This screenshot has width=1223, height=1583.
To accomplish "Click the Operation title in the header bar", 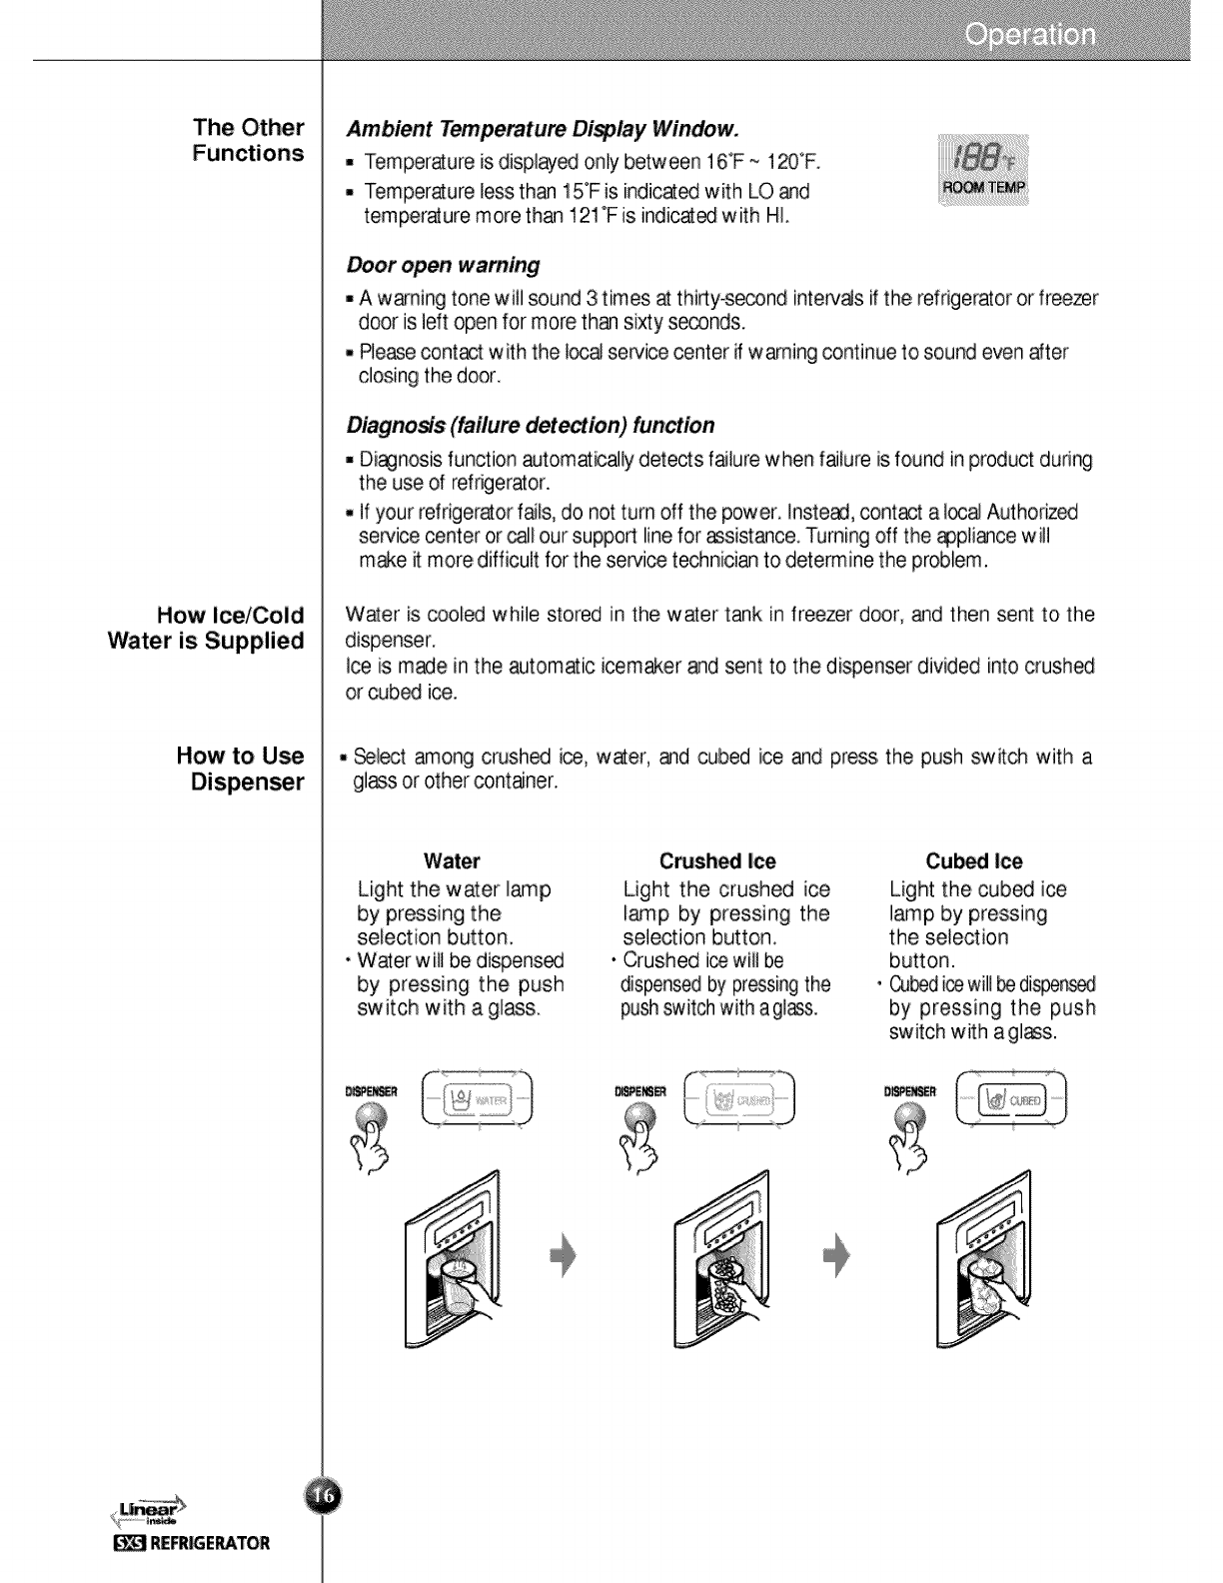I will click(x=1029, y=37).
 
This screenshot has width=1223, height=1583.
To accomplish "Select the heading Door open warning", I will click(x=443, y=266).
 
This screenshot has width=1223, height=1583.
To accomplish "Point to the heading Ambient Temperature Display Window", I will click(x=543, y=130).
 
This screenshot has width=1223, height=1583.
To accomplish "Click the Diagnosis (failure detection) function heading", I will click(x=530, y=426).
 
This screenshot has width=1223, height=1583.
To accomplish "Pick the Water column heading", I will click(x=452, y=861).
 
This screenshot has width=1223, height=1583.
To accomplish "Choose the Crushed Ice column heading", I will click(x=717, y=861).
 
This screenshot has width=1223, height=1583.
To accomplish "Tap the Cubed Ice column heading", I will click(x=974, y=861).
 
